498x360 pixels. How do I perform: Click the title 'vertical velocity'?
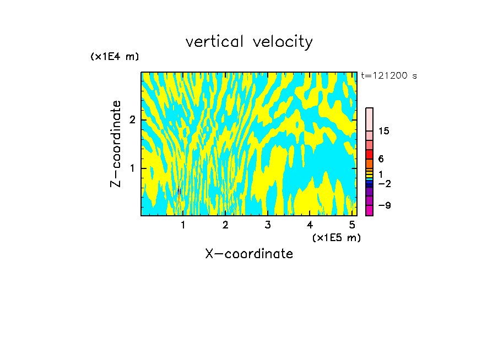coord(249,42)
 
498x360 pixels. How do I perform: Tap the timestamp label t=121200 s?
coord(389,76)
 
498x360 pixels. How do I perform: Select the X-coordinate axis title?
coord(249,254)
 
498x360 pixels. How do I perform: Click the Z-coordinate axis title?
coord(116,144)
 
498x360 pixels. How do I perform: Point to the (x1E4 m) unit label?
coord(115,57)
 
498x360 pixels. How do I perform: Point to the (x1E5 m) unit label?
coord(336,237)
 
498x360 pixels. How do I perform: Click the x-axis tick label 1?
coord(183,225)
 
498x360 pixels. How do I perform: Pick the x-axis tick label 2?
coord(225,225)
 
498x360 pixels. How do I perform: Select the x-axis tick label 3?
coord(267,225)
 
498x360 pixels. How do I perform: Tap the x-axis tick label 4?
coord(310,225)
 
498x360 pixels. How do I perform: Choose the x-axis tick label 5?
coord(351,225)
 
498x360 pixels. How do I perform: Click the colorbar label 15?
coord(384,131)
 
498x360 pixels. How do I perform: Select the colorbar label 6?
coord(381,159)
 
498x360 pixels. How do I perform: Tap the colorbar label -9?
coord(384,205)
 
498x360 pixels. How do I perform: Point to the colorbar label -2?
coord(384,184)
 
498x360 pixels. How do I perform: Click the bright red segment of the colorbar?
coord(369,154)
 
